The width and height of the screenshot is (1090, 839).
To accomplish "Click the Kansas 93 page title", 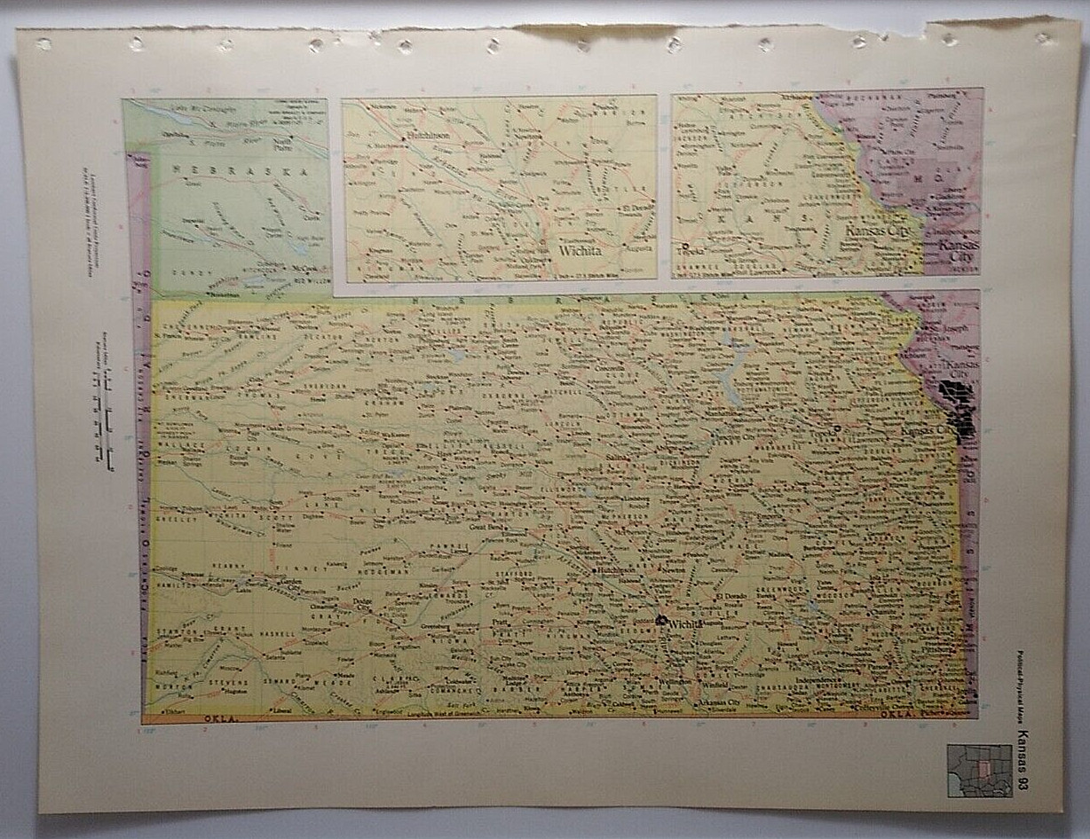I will click(x=1023, y=760).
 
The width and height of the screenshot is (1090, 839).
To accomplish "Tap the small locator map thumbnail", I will click(x=979, y=770).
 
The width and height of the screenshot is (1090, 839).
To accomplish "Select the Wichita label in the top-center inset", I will click(x=581, y=251).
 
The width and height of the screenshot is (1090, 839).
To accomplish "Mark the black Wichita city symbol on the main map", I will click(x=661, y=620).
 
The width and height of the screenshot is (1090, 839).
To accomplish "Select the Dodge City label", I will click(x=361, y=603).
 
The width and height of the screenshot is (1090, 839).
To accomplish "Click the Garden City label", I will click(x=292, y=584).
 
